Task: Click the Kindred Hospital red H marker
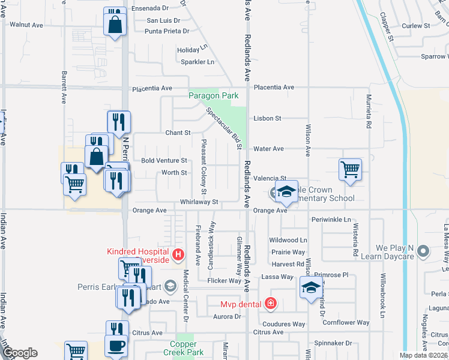click(178, 255)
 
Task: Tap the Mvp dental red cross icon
click(271, 304)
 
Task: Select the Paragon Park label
click(214, 95)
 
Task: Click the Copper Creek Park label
click(187, 349)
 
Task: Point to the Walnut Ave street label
click(26, 25)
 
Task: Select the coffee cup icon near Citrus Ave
click(116, 346)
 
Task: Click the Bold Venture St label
click(164, 161)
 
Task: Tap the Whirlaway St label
click(199, 203)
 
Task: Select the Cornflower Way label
click(346, 322)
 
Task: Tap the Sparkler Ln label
click(197, 62)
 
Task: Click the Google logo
click(19, 353)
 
